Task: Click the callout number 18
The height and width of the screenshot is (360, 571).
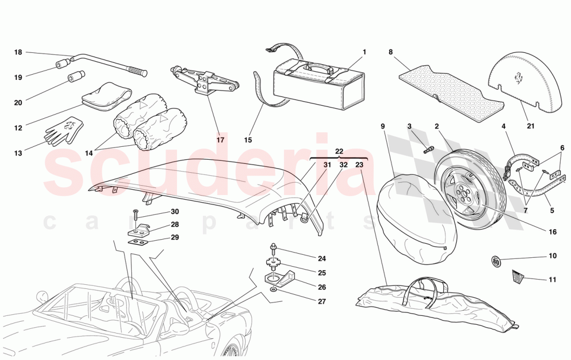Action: pyautogui.click(x=18, y=52)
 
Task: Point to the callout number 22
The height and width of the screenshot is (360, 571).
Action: pyautogui.click(x=339, y=151)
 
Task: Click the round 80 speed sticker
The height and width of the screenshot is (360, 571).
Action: pyautogui.click(x=496, y=261)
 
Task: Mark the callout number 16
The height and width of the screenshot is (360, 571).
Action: pyautogui.click(x=552, y=231)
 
